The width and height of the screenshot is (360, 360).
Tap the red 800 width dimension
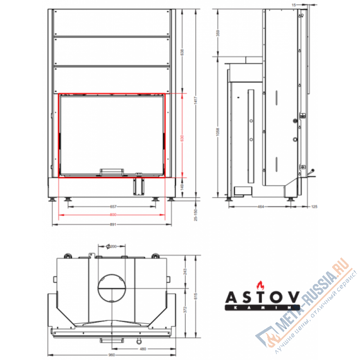point(112,215)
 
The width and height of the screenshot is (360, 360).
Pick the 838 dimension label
point(182,52)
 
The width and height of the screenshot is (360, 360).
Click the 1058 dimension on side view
point(218,130)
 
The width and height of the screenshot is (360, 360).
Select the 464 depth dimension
point(260,207)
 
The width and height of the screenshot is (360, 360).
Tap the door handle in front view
point(112,171)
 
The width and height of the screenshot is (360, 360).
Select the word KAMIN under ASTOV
point(262,307)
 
